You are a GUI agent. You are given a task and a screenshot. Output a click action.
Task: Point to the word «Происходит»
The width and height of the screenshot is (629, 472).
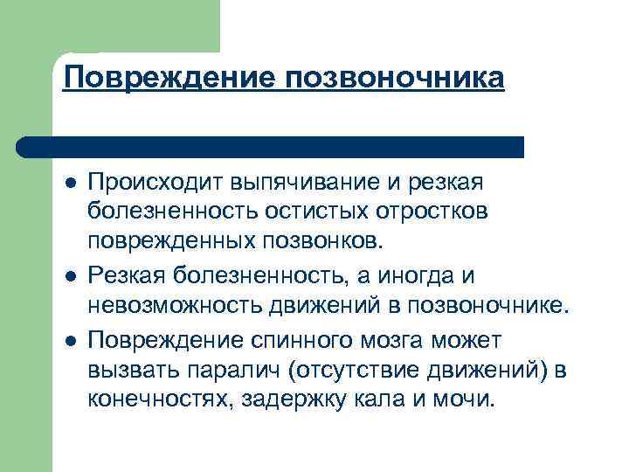tap(155, 182)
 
